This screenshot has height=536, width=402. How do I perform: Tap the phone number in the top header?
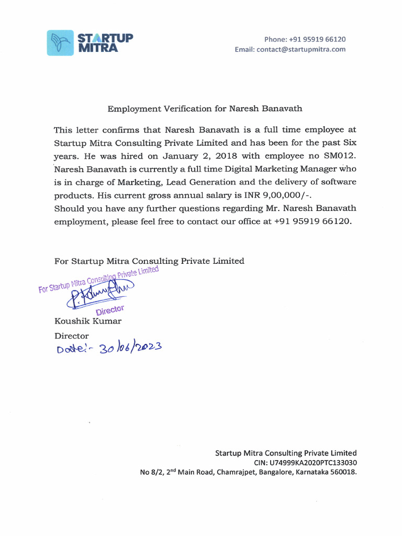click(319, 39)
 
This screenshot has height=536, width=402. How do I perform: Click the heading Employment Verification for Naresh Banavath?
click(205, 109)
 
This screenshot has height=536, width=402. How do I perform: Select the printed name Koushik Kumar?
click(88, 321)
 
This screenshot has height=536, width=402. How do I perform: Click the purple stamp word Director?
click(110, 310)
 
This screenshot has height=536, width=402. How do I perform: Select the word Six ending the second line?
click(349, 142)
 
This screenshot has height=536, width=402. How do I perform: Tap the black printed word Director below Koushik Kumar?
click(72, 336)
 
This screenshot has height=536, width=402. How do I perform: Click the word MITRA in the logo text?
click(98, 48)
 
